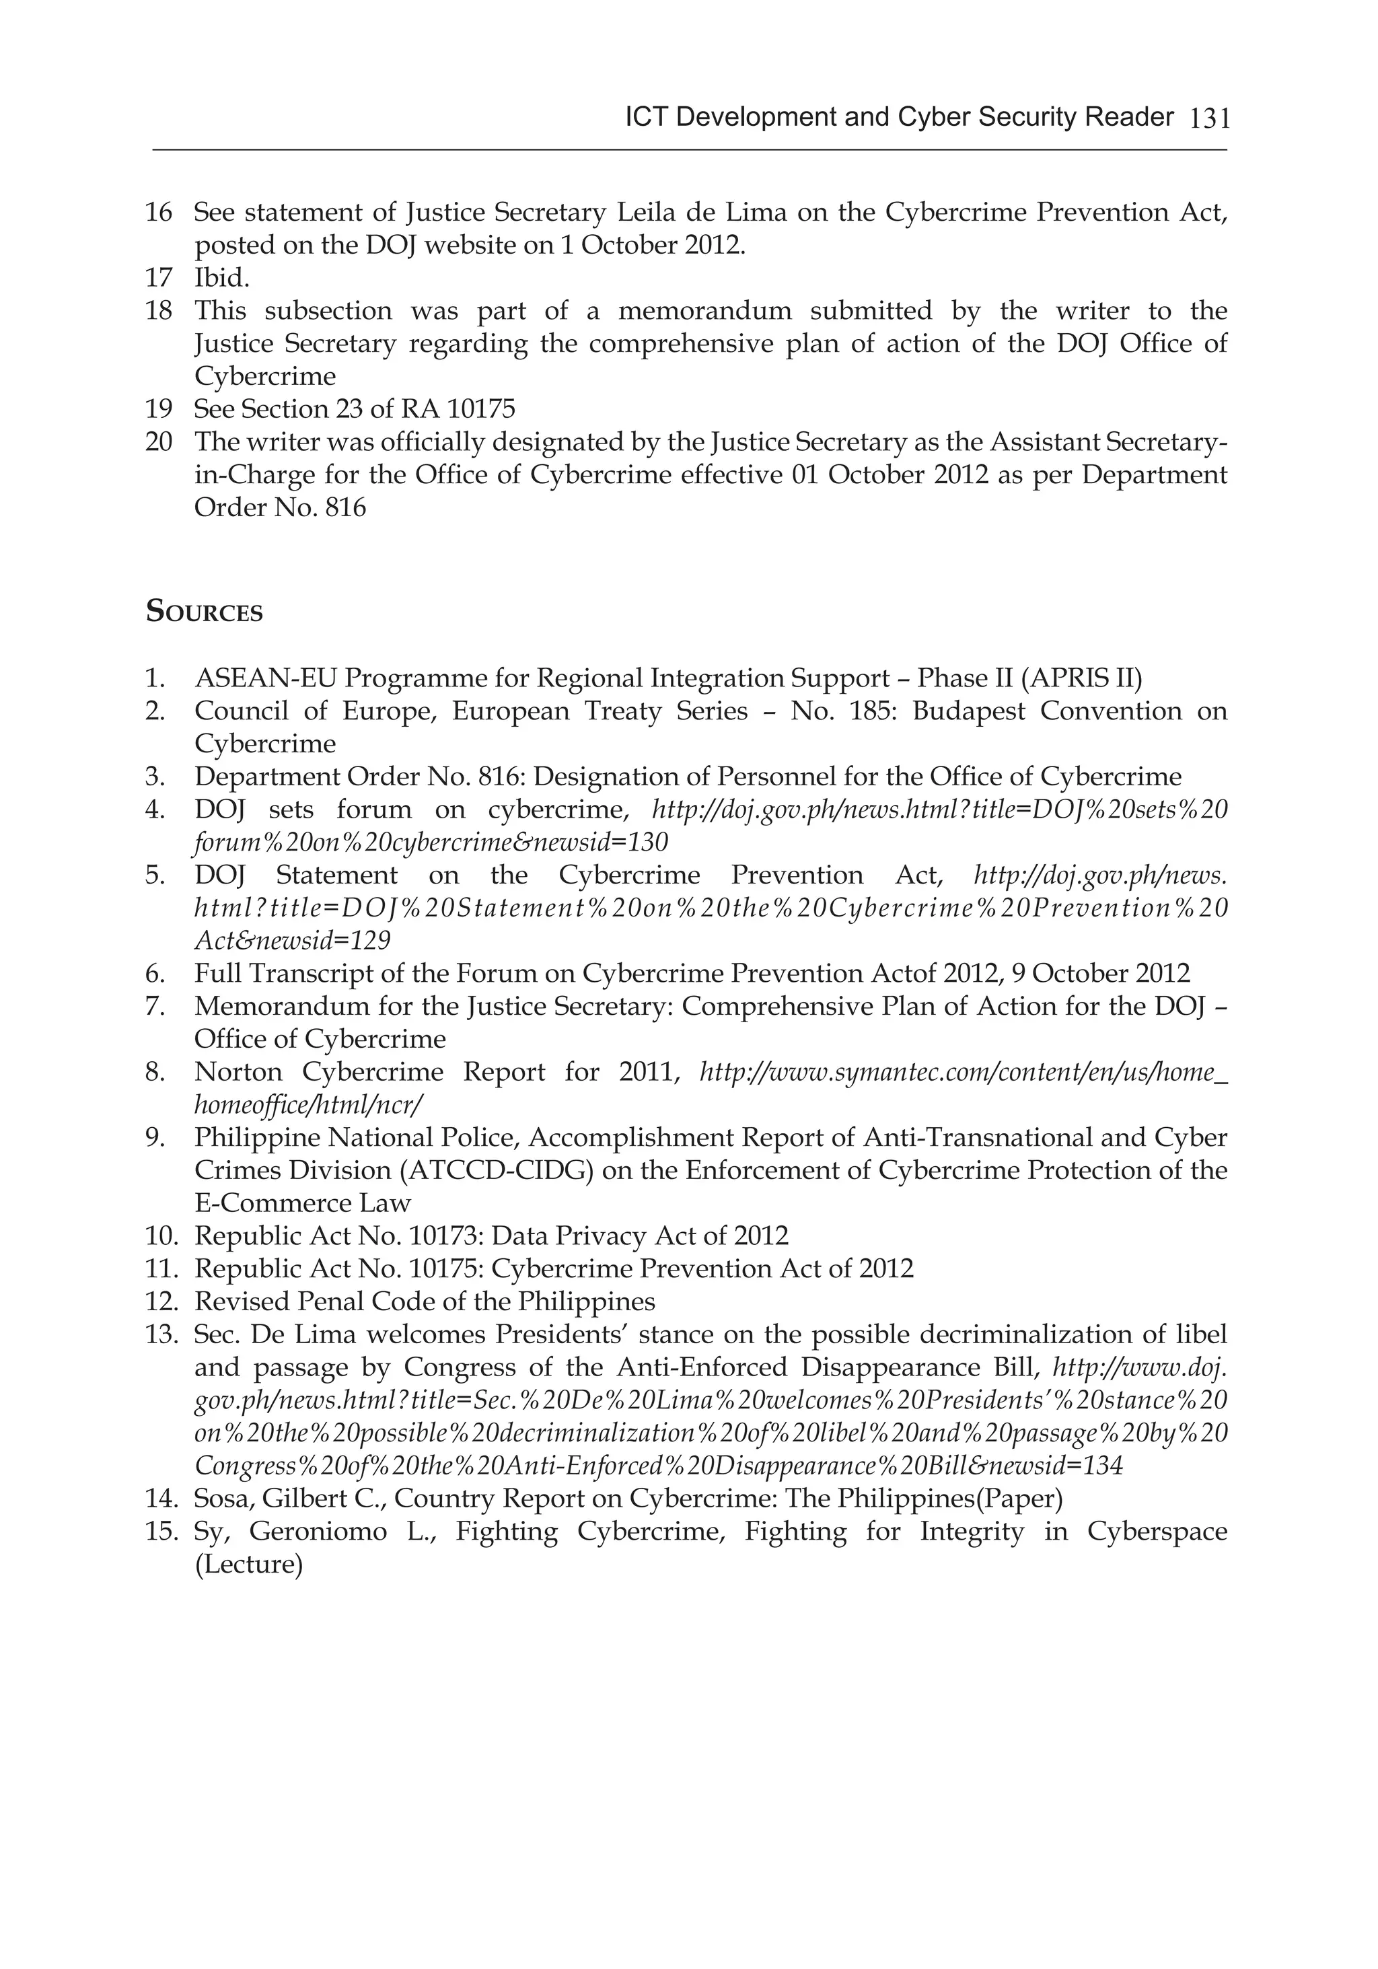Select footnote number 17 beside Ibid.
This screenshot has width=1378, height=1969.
pyautogui.click(x=159, y=278)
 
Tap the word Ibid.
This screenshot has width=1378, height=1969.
pyautogui.click(x=221, y=278)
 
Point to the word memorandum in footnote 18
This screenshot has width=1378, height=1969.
pyautogui.click(x=706, y=310)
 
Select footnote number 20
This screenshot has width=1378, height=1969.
pyautogui.click(x=159, y=441)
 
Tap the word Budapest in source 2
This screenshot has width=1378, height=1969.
pyautogui.click(x=968, y=711)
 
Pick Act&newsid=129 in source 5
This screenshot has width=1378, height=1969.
pyautogui.click(x=293, y=941)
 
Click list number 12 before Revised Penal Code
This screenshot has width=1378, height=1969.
pyautogui.click(x=160, y=1302)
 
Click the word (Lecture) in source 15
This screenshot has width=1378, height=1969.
pyautogui.click(x=249, y=1565)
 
